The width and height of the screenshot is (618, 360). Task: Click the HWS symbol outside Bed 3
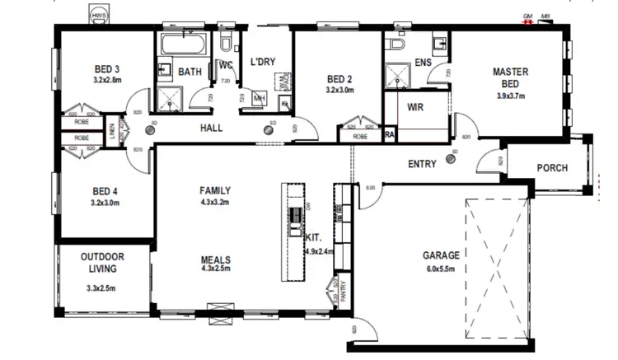pyautogui.click(x=99, y=16)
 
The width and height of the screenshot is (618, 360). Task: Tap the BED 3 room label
pyautogui.click(x=107, y=68)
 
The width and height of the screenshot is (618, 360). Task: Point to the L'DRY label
pyautogui.click(x=263, y=63)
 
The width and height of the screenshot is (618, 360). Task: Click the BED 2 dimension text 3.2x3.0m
pyautogui.click(x=339, y=90)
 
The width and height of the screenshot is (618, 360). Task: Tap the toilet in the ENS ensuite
pyautogui.click(x=398, y=44)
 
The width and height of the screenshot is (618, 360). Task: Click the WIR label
pyautogui.click(x=415, y=106)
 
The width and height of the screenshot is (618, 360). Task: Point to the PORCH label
pyautogui.click(x=552, y=168)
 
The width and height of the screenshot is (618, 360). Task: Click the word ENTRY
pyautogui.click(x=422, y=164)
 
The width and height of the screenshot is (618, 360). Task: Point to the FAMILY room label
pyautogui.click(x=215, y=189)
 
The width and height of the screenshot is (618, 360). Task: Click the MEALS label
pyautogui.click(x=215, y=259)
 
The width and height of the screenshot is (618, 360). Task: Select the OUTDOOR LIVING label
pyautogui.click(x=102, y=262)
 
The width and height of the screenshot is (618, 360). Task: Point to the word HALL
pyautogui.click(x=213, y=129)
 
